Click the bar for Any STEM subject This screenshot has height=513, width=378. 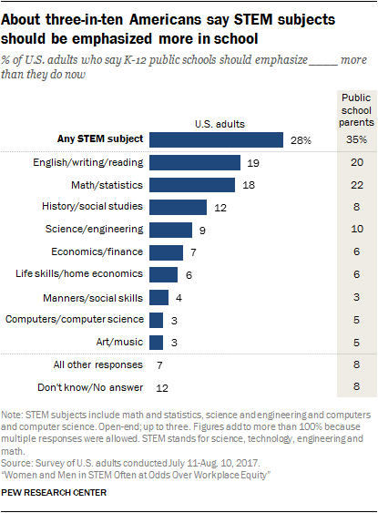pyautogui.click(x=216, y=139)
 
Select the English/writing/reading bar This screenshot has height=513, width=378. pyautogui.click(x=195, y=162)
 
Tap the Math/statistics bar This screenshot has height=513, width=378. pyautogui.click(x=192, y=185)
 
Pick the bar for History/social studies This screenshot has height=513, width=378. pyautogui.click(x=179, y=208)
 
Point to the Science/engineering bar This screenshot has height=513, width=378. pyautogui.click(x=170, y=230)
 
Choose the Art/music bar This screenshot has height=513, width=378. pyautogui.click(x=156, y=343)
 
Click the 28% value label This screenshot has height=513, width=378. pyautogui.click(x=301, y=140)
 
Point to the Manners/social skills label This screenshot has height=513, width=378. pyautogui.click(x=95, y=297)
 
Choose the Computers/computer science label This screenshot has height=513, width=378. pyautogui.click(x=74, y=320)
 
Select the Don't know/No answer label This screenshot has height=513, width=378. pyautogui.click(x=91, y=387)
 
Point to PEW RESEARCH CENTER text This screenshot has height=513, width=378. pyautogui.click(x=54, y=493)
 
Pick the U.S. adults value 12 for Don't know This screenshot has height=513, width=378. pyautogui.click(x=163, y=387)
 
